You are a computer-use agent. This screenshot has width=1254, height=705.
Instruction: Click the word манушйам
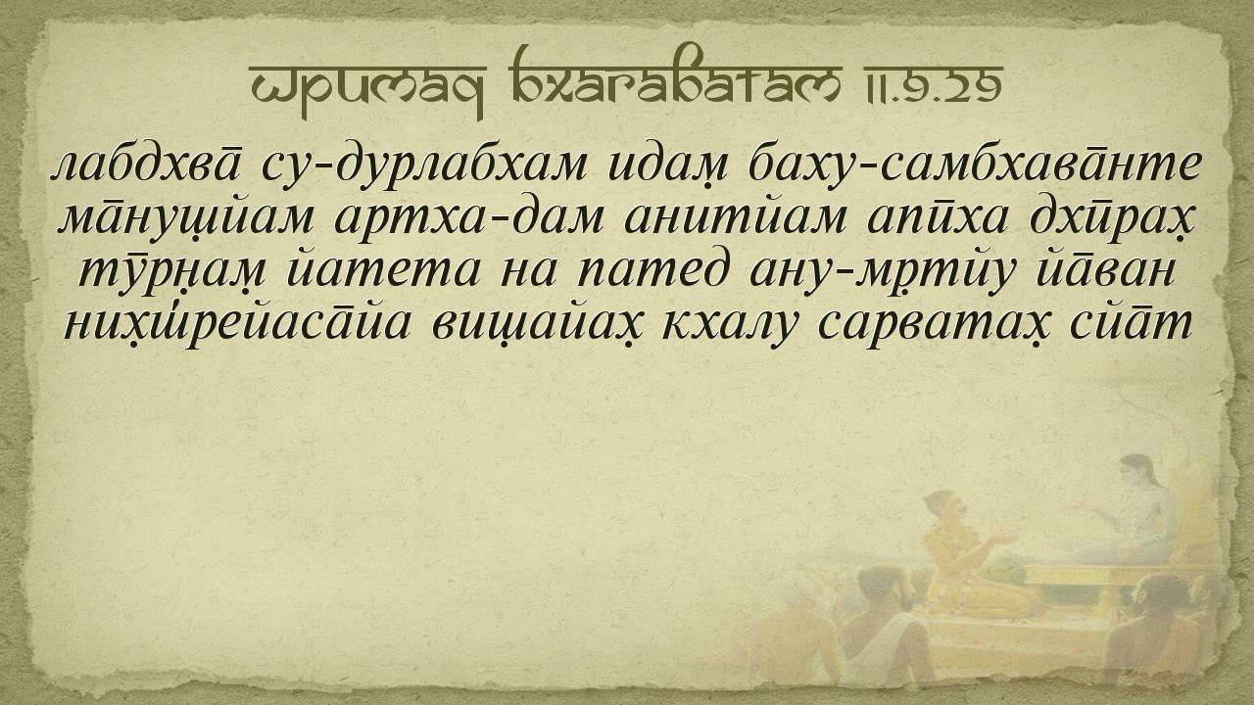tap(186, 219)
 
